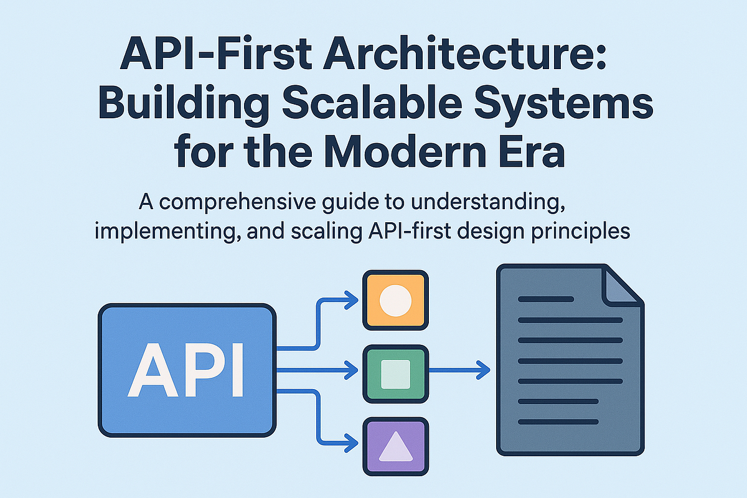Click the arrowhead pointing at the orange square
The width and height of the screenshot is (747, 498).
[353, 301]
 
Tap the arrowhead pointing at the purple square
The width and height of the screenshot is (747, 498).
[353, 444]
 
